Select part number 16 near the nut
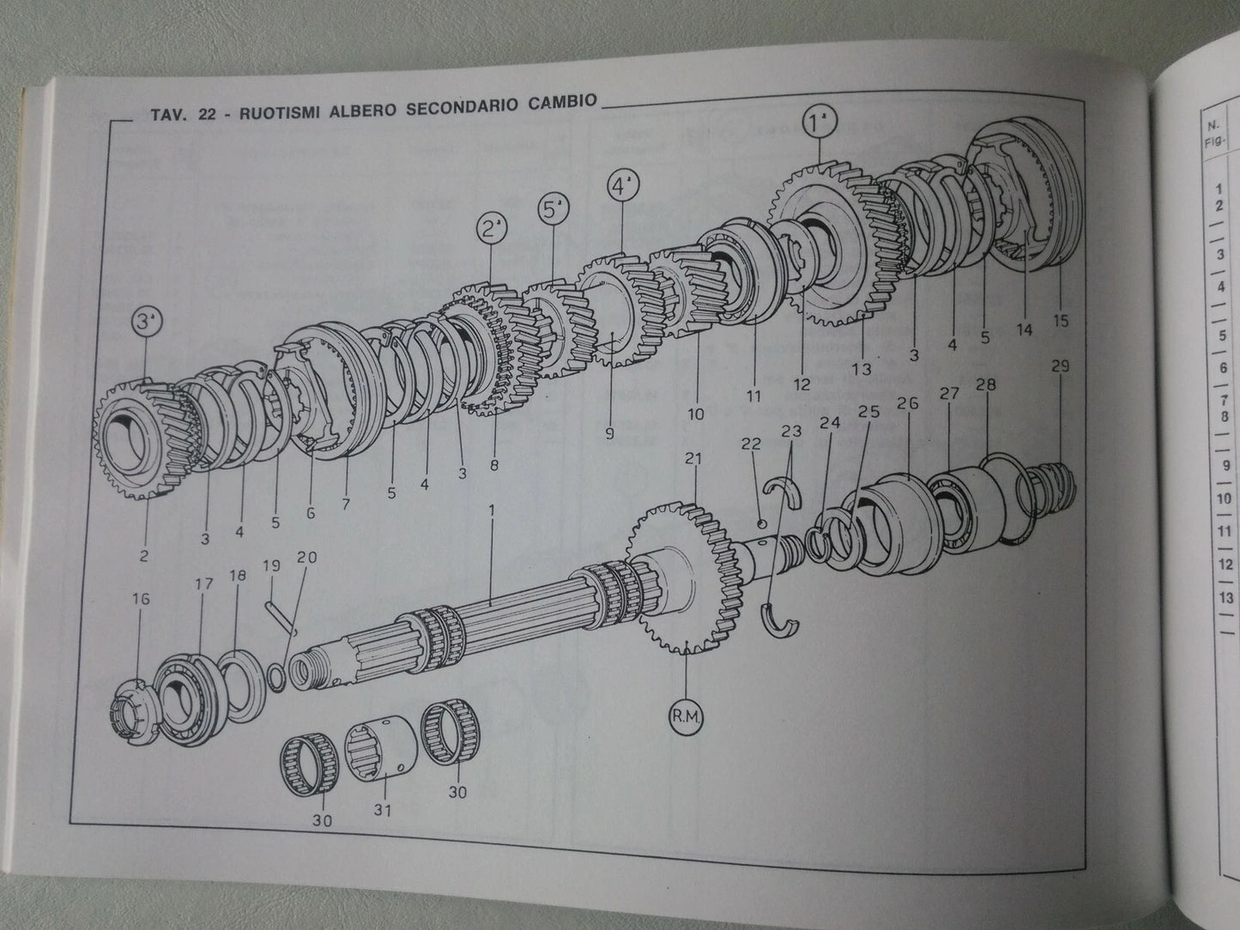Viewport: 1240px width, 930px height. click(x=142, y=599)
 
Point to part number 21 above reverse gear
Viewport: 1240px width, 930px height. click(x=693, y=460)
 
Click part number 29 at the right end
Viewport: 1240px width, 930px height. click(x=1060, y=366)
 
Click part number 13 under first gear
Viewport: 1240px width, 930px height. click(x=862, y=370)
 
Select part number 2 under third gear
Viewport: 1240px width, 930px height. click(x=143, y=556)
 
